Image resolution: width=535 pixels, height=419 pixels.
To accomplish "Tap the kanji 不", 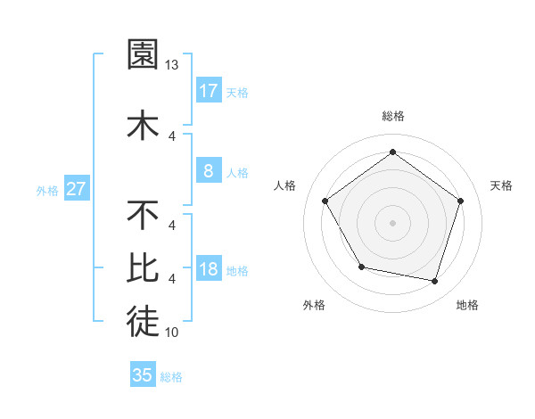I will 144,215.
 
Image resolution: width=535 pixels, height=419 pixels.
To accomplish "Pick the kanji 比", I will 144,267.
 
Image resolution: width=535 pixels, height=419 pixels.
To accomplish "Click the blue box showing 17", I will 208,90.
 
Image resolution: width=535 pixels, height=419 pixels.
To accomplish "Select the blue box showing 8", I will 208,171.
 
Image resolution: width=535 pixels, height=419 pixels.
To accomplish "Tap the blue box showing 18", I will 208,270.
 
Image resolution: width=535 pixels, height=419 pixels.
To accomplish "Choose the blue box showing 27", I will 76,189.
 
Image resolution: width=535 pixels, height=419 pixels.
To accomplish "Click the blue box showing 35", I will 143,375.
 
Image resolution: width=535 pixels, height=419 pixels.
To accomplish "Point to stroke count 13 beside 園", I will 173,65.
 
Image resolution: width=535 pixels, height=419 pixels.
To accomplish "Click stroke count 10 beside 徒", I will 172,333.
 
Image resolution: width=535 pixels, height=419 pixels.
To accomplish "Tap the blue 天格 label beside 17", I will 237,92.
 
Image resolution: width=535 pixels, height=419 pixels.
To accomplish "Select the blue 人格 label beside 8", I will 237,173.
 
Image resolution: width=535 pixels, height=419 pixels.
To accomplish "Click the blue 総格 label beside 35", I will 171,377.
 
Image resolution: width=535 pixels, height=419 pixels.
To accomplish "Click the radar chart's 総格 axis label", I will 392,116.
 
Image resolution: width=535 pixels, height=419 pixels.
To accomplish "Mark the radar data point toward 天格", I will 460,201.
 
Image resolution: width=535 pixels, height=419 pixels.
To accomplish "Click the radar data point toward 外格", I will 361,267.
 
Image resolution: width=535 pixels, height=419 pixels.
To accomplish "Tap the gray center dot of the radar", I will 392,222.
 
